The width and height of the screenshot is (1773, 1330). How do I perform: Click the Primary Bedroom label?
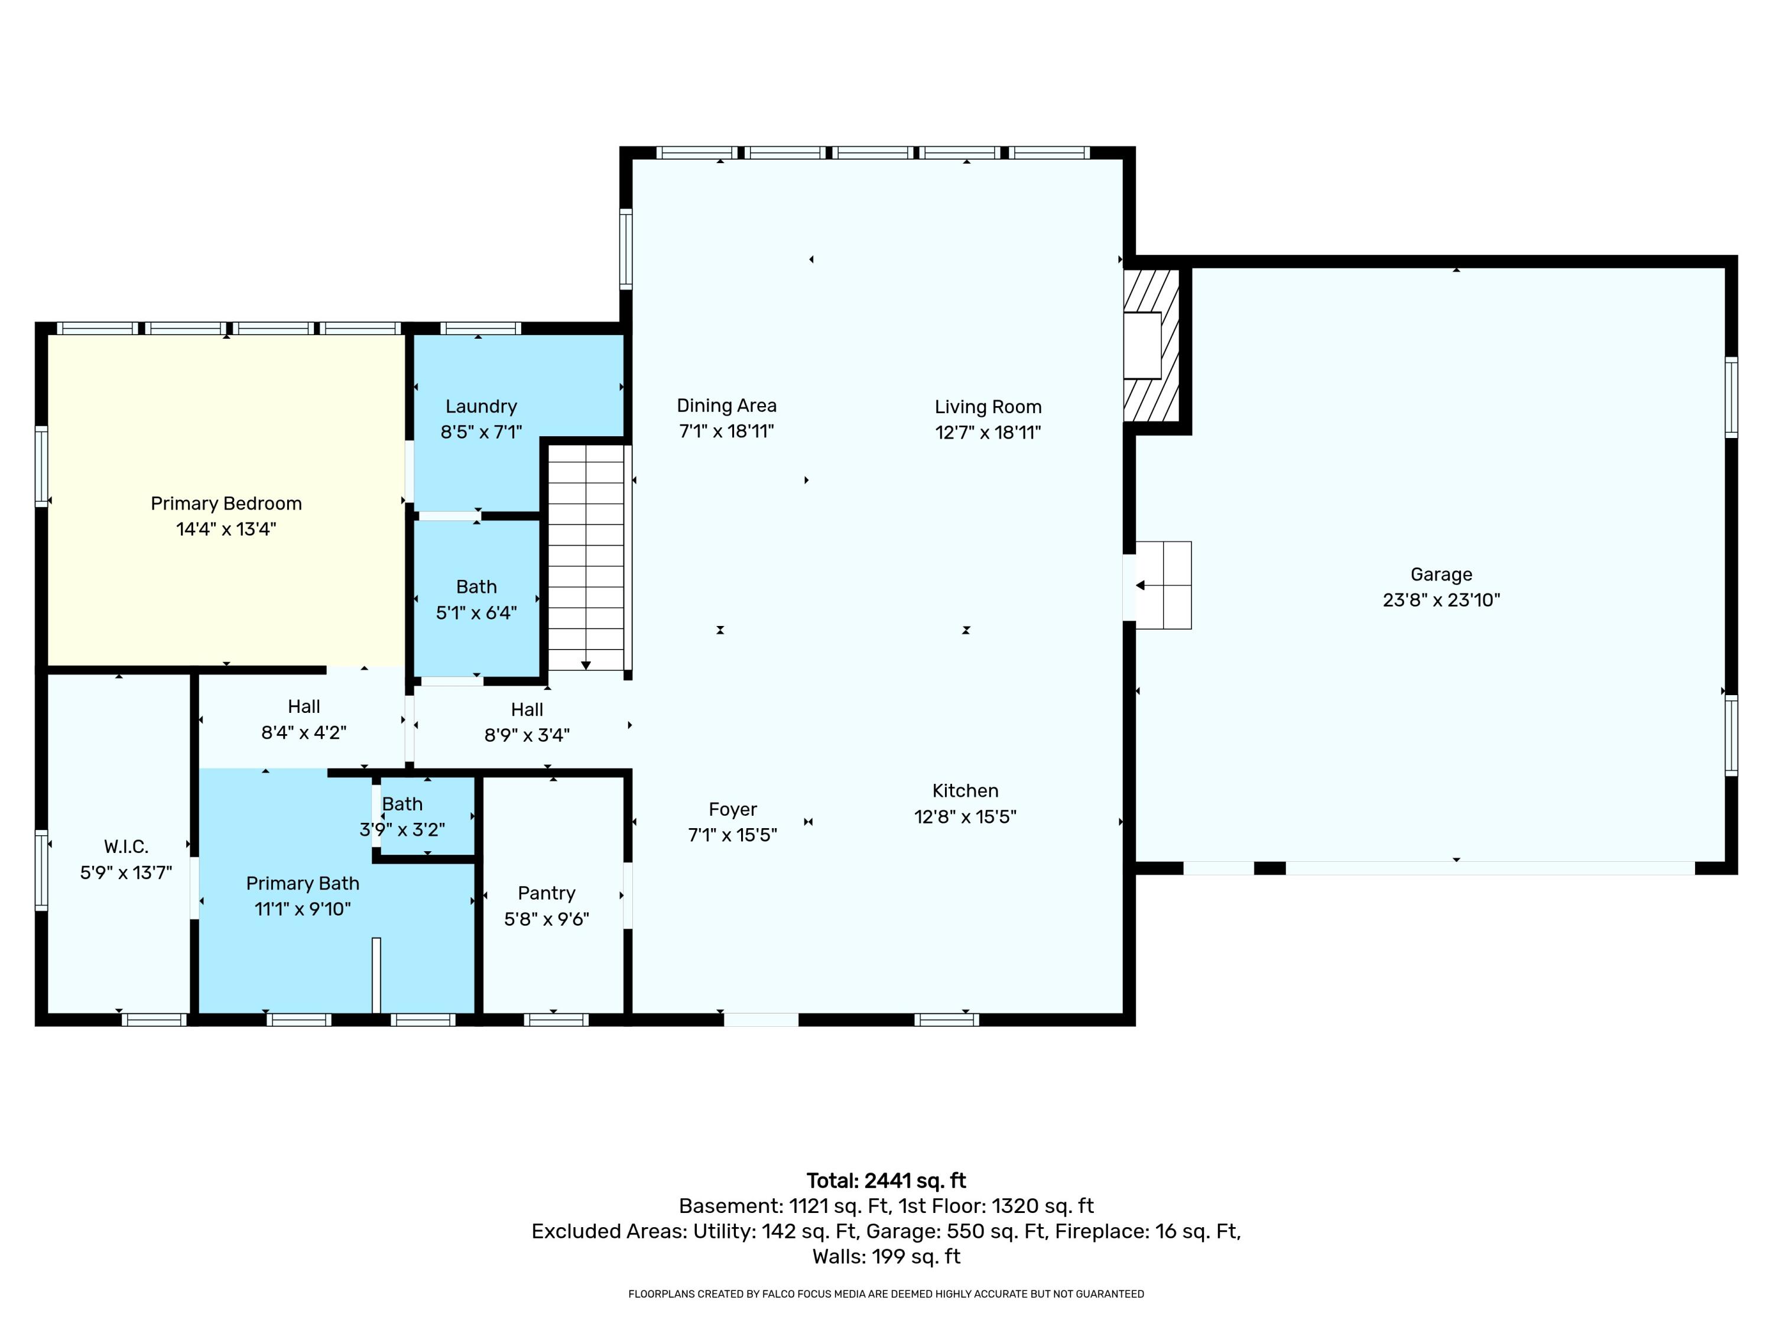tap(226, 504)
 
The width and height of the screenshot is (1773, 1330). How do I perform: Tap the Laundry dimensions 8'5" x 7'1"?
tap(481, 432)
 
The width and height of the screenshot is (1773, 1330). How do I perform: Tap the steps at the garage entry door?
tap(1164, 585)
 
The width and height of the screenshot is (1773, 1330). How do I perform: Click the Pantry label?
tap(547, 893)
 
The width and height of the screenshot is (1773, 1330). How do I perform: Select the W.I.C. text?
tap(126, 846)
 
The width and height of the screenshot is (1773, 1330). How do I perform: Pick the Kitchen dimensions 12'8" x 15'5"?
tap(965, 816)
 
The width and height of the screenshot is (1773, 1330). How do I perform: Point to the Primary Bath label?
tap(302, 884)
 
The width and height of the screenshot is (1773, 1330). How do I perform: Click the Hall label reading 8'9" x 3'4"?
tap(527, 722)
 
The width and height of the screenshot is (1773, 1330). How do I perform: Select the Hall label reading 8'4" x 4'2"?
tap(304, 719)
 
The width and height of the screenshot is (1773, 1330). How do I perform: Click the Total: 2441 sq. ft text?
tap(886, 1181)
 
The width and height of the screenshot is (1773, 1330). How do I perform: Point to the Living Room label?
tap(988, 407)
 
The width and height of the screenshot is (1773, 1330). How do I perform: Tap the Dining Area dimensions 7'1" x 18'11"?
tap(726, 432)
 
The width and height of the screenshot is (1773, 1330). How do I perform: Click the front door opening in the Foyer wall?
tap(761, 1020)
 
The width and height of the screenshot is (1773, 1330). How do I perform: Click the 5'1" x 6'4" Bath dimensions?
tap(476, 612)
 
